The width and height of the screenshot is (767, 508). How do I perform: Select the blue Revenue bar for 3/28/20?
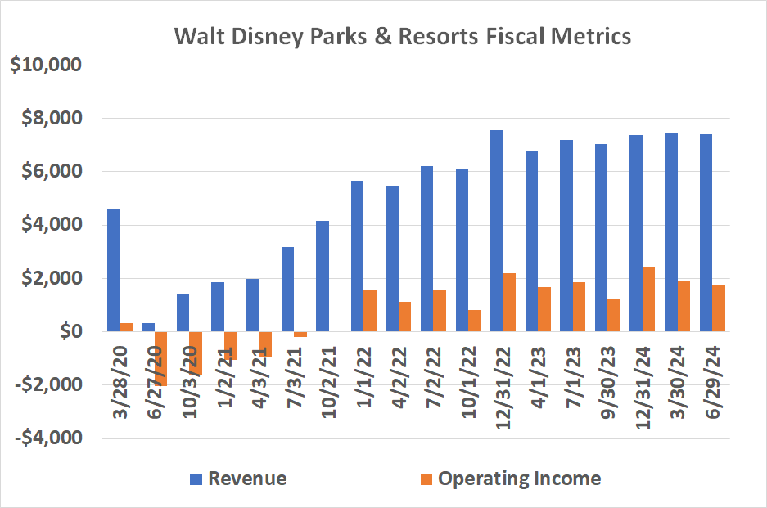[x=113, y=270]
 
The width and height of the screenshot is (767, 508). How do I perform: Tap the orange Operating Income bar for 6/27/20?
[x=160, y=358]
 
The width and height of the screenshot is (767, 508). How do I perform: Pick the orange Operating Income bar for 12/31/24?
[x=649, y=299]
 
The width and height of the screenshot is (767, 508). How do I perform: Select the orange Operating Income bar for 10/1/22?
[x=475, y=321]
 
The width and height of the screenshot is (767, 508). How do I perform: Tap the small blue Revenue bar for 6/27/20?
[x=148, y=327]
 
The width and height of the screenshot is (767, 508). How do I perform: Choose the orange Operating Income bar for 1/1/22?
[x=370, y=310]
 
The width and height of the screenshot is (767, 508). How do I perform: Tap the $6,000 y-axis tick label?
[x=48, y=172]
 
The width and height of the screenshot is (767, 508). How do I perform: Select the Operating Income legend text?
[x=520, y=479]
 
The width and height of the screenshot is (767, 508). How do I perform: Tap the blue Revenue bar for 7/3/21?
[x=287, y=289]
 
